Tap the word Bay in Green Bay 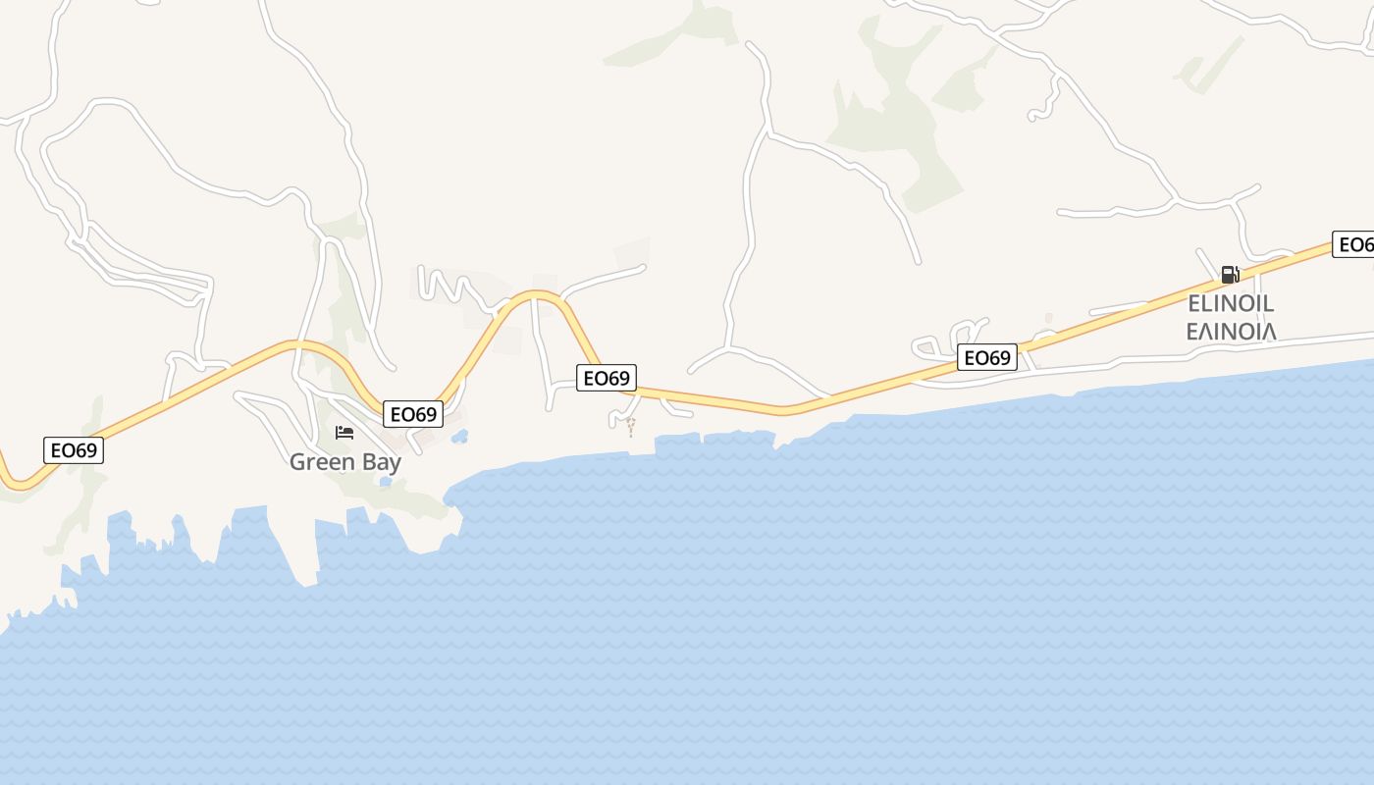380,462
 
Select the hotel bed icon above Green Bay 344,432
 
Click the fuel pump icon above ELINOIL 1230,274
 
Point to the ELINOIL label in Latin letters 1231,303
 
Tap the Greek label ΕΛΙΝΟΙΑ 1231,331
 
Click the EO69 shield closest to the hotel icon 413,414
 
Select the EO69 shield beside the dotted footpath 606,378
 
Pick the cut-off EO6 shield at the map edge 1353,244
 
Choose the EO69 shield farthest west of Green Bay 74,450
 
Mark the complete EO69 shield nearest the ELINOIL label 986,358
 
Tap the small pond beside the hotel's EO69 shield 459,438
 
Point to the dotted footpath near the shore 630,426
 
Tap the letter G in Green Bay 298,461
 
